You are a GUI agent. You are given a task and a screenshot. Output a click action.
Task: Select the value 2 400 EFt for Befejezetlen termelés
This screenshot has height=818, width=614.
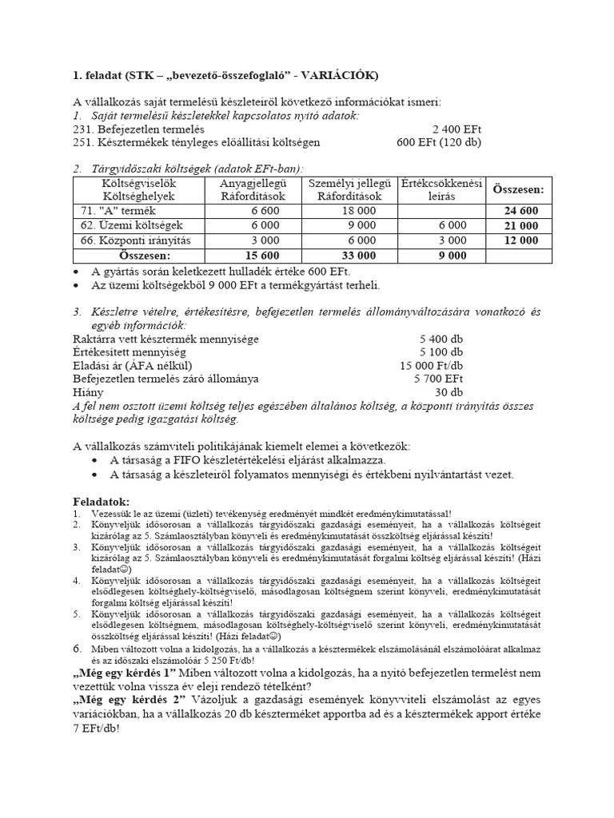tap(457, 129)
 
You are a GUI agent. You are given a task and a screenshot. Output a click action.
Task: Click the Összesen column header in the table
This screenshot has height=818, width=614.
tap(518, 190)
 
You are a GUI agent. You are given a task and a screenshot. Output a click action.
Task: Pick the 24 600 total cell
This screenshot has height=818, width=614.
tap(520, 211)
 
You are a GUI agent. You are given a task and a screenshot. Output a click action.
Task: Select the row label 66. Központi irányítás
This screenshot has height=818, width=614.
tap(132, 240)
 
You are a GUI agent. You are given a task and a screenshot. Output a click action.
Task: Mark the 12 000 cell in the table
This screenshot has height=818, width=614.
tap(520, 240)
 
